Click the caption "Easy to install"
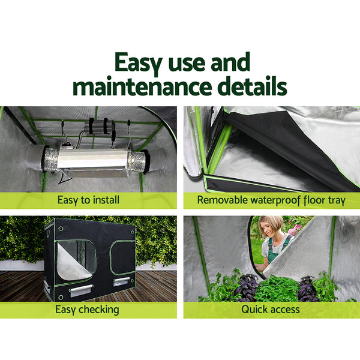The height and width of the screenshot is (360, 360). click(88, 200)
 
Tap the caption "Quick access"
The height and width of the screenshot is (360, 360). click(271, 310)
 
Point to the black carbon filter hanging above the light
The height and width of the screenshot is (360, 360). click(100, 125)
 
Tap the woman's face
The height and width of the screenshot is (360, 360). click(269, 229)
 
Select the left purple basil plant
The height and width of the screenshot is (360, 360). click(246, 287)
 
